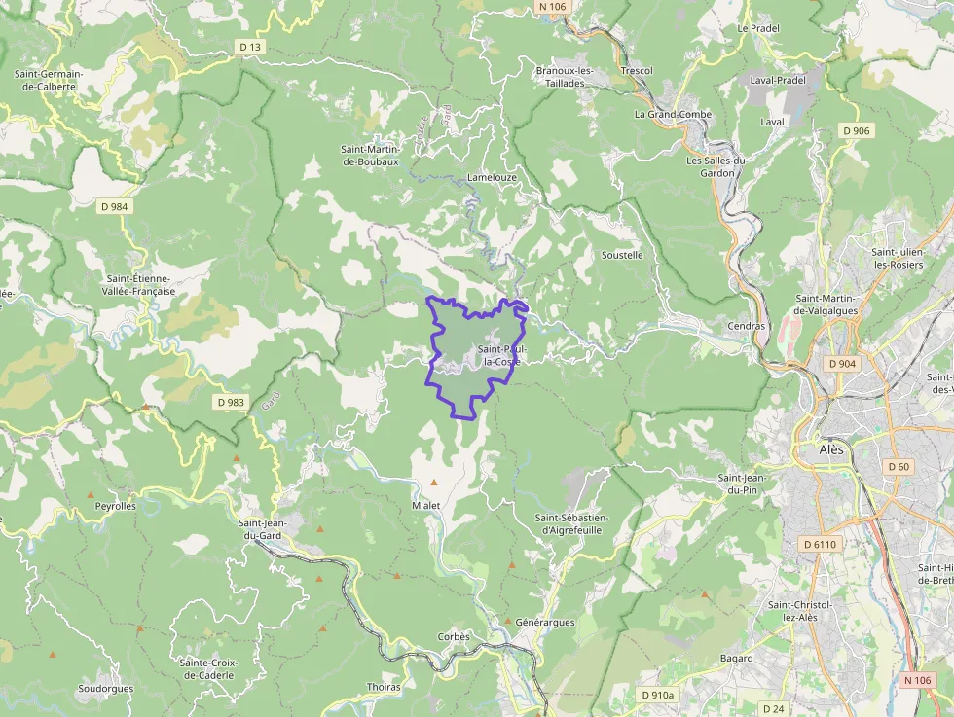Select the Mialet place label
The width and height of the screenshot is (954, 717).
click(426, 506)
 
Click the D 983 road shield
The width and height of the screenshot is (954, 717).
click(231, 402)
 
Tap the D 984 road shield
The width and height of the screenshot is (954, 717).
click(114, 206)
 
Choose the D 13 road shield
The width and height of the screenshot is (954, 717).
click(250, 47)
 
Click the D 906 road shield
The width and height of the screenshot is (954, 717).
click(857, 130)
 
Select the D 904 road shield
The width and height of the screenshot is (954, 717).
click(842, 363)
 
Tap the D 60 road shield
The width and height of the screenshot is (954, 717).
click(899, 467)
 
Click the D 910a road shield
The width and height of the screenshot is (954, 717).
click(657, 695)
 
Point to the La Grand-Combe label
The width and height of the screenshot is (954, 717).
click(673, 114)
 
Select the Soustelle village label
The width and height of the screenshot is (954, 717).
click(622, 255)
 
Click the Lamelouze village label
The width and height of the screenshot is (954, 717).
click(492, 178)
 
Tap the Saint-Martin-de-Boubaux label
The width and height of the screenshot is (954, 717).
click(370, 155)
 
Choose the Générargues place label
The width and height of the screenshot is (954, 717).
click(545, 622)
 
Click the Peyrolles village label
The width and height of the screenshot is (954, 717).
click(115, 506)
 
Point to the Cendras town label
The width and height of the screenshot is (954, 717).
click(747, 326)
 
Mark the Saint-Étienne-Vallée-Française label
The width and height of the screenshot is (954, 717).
click(141, 284)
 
